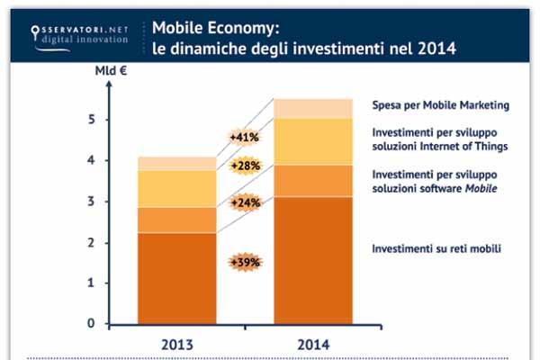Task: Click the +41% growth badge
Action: coord(245,139)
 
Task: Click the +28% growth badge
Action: coord(245,166)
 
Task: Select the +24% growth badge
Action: coord(245,202)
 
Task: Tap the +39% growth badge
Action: coord(245,262)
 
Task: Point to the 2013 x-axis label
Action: coord(176,344)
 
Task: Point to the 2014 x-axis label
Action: coord(312,344)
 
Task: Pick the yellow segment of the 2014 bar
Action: coord(312,141)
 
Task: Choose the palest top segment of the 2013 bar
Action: coord(176,163)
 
